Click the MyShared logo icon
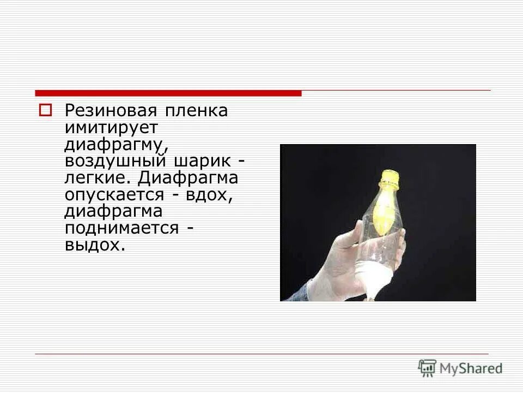(x=428, y=368)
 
